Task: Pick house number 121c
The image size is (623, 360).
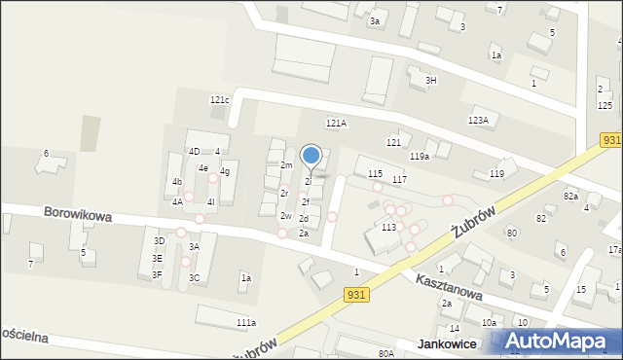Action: click(x=219, y=100)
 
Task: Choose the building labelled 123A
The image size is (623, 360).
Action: click(x=477, y=120)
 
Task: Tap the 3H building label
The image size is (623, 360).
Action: click(x=430, y=80)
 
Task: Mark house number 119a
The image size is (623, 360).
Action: click(x=420, y=156)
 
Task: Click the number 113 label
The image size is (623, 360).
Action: click(x=388, y=227)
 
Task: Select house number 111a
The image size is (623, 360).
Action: click(x=245, y=322)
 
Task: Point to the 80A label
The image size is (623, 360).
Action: click(x=386, y=353)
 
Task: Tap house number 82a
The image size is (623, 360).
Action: click(x=570, y=196)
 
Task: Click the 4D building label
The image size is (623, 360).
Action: click(x=194, y=151)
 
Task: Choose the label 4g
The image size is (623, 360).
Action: click(x=225, y=171)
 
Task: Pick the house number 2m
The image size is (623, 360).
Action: click(x=286, y=165)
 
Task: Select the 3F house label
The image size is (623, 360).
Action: click(x=157, y=274)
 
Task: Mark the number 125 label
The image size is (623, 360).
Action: click(x=605, y=104)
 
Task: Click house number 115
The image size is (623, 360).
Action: click(x=375, y=173)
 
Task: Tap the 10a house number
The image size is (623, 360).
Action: click(x=489, y=322)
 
